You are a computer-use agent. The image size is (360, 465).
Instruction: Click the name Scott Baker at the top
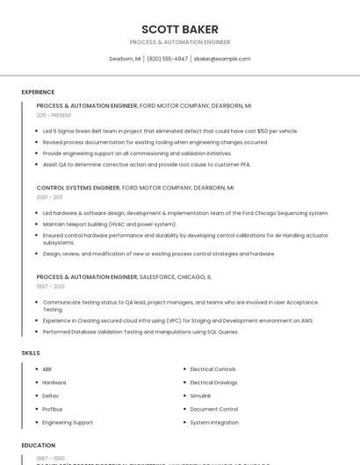[x=180, y=29]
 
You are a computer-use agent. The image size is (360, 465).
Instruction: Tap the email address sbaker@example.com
[x=222, y=59]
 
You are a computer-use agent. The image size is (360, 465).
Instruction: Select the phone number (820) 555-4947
[x=167, y=59]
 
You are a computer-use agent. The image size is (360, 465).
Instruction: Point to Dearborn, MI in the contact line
[x=125, y=59]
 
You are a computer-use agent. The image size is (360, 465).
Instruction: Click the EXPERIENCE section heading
[x=38, y=92]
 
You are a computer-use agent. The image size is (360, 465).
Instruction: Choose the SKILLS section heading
[x=31, y=353]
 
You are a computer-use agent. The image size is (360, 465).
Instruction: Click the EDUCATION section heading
[x=39, y=446]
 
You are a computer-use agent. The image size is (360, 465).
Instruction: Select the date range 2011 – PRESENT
[x=54, y=115]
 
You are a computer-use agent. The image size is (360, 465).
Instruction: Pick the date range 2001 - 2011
[x=49, y=197]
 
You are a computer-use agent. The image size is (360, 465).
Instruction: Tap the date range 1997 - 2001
[x=50, y=286]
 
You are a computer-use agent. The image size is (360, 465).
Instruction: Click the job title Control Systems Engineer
[x=78, y=188]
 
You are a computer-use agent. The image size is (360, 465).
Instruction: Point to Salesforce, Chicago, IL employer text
[x=176, y=276]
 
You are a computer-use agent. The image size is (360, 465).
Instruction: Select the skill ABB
[x=47, y=369]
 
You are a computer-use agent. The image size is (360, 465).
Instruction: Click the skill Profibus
[x=53, y=409]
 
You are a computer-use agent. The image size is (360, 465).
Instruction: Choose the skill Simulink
[x=201, y=396]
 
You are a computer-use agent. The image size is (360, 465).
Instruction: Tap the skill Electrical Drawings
[x=213, y=383]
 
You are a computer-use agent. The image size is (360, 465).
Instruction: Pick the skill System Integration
[x=213, y=422]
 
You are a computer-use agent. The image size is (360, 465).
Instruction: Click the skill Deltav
[x=51, y=396]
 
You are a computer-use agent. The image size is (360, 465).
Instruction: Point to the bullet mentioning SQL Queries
[x=140, y=332]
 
